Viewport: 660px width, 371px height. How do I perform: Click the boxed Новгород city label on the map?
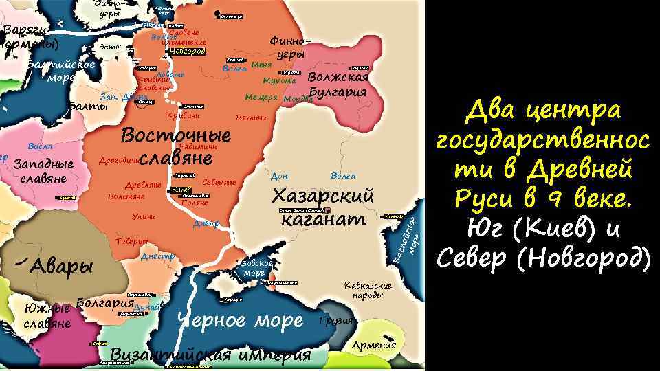click(186, 52)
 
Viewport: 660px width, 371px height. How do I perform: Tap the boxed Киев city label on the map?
click(181, 190)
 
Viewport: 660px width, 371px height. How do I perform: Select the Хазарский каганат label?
click(322, 207)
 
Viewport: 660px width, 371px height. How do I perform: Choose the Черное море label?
click(240, 321)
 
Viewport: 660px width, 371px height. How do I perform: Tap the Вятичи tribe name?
click(250, 118)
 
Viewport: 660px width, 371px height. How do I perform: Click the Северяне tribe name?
click(220, 182)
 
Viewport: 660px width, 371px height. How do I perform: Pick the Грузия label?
click(336, 321)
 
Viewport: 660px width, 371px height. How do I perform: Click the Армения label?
click(374, 345)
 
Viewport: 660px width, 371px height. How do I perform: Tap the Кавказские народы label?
click(368, 290)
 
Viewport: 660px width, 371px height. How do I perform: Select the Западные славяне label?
click(44, 172)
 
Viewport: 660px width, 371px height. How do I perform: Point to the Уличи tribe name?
click(143, 218)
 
